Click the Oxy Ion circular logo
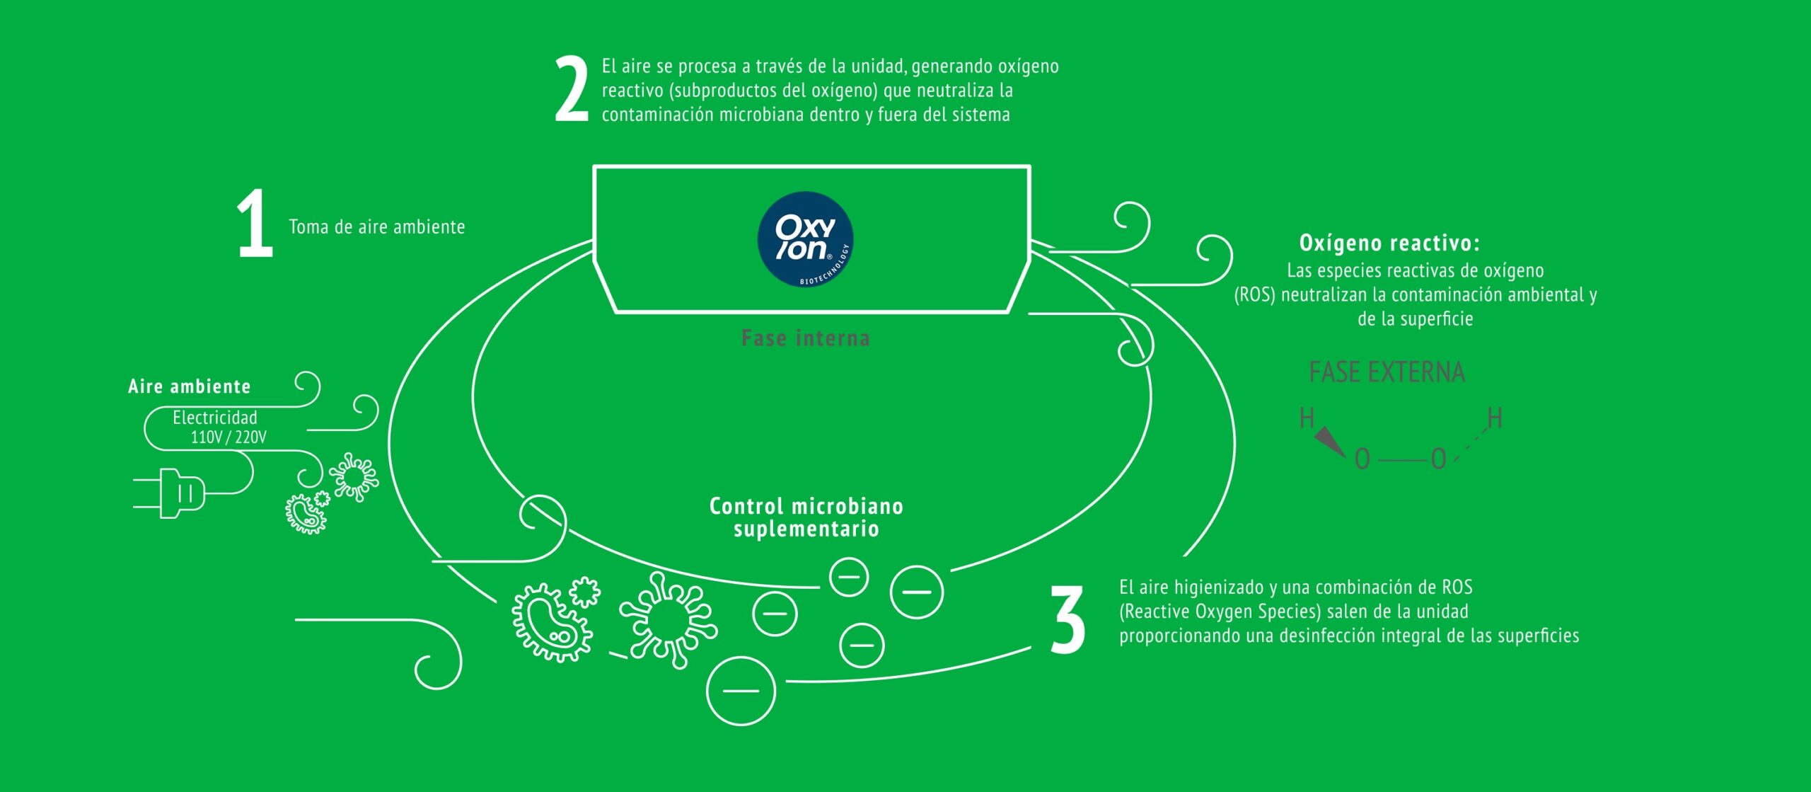[x=805, y=239]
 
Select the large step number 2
[x=572, y=90]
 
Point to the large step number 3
[x=1067, y=620]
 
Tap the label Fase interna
[x=805, y=338]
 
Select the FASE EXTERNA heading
[x=1387, y=372]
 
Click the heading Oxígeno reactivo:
[x=1389, y=243]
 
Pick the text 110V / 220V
[x=228, y=437]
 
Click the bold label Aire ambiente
[x=190, y=386]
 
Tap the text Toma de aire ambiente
[x=377, y=227]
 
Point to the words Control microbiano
[x=806, y=506]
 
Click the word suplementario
[x=806, y=529]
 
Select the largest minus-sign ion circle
[x=741, y=690]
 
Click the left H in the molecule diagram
[x=1307, y=418]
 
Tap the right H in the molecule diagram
[x=1494, y=418]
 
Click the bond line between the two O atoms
[x=1401, y=461]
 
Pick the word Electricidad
[x=215, y=418]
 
